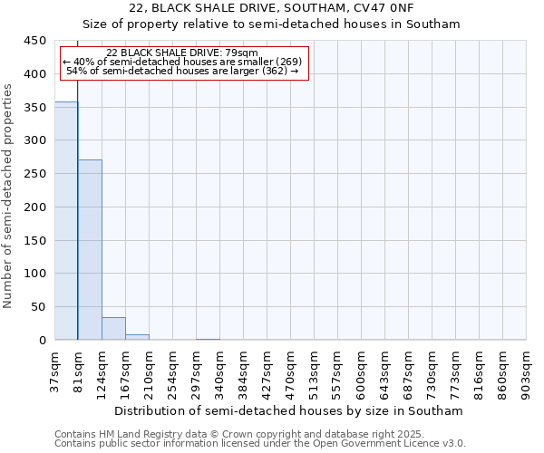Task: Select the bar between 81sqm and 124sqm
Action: tap(90, 249)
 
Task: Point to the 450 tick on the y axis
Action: tap(35, 41)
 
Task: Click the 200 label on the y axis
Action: tap(35, 207)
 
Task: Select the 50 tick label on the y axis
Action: tap(39, 307)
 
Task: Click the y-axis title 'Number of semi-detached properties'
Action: tap(9, 196)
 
